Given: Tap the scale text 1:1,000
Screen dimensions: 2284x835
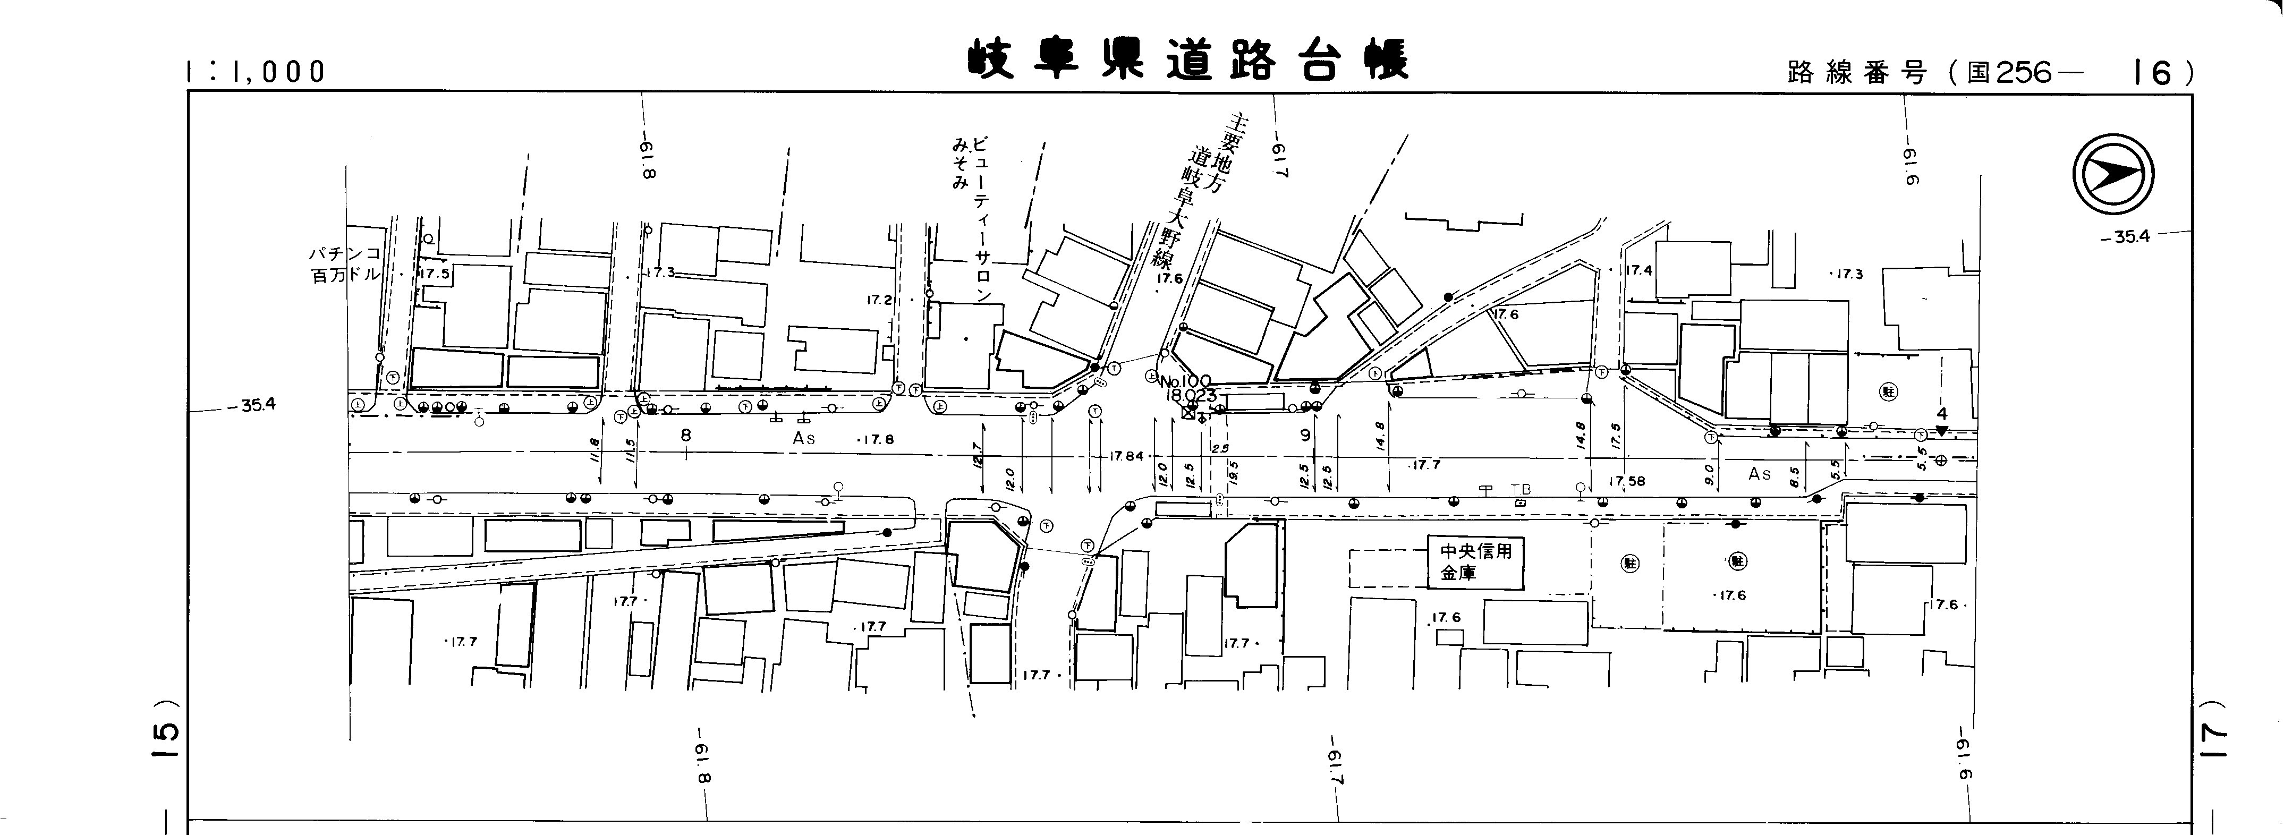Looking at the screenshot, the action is click(256, 72).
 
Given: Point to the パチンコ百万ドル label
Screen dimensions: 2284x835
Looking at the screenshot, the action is click(344, 264).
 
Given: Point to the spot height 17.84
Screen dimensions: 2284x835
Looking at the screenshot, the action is click(1126, 456).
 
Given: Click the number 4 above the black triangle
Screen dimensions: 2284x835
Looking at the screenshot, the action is click(1941, 414).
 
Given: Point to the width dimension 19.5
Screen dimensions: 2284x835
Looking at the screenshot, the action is click(1233, 472).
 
